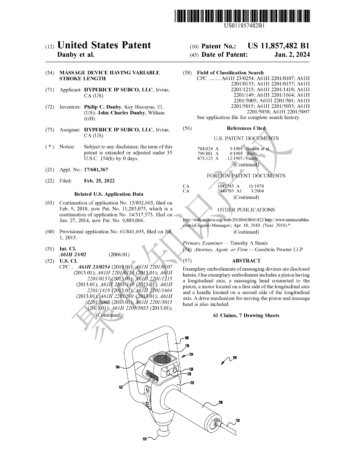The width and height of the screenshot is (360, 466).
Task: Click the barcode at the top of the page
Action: [x=243, y=16]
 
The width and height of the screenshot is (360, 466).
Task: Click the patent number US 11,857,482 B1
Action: [x=279, y=46]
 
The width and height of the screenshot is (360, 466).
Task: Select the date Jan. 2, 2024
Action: [x=292, y=55]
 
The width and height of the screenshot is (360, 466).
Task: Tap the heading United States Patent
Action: [x=104, y=45]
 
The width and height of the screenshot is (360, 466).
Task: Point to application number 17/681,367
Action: [x=96, y=170]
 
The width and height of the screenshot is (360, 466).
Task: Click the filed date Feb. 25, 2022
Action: [x=99, y=181]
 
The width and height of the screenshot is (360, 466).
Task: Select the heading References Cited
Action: [x=246, y=128]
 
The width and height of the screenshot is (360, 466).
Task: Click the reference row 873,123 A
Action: [x=208, y=158]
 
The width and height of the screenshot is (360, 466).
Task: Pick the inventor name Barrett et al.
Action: [x=258, y=149]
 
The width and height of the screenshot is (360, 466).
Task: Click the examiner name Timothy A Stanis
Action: [x=249, y=243]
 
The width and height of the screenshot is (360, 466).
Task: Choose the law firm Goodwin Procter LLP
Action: [x=279, y=250]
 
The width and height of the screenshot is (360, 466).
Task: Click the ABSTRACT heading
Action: [x=246, y=261]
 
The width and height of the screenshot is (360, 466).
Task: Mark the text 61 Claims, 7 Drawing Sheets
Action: [x=246, y=316]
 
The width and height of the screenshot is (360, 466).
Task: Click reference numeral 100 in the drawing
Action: [x=235, y=358]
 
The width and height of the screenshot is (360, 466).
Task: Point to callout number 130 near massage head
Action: [x=145, y=440]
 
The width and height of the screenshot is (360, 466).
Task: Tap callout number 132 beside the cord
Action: [x=238, y=421]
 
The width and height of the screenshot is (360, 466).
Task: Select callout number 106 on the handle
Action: [x=221, y=403]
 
